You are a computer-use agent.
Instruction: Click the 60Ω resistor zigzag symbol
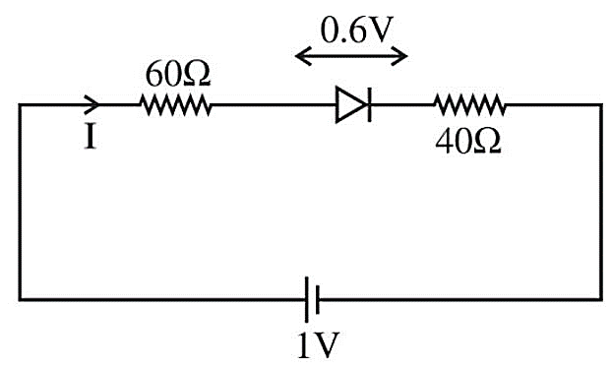(x=176, y=105)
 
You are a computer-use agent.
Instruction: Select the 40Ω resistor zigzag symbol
(x=470, y=105)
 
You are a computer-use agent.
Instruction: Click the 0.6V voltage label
(x=355, y=31)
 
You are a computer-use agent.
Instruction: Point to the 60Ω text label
(x=178, y=74)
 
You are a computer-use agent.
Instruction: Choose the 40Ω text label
(x=468, y=142)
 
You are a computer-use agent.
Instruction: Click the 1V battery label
(x=318, y=345)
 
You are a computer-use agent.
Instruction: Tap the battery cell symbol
(x=312, y=299)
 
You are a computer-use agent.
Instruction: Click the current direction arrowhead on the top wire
(x=92, y=104)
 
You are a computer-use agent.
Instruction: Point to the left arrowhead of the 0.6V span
(x=302, y=56)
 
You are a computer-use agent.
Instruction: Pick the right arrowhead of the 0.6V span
(x=400, y=56)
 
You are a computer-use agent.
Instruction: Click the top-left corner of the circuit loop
(x=20, y=104)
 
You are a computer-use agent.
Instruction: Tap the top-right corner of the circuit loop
(x=601, y=104)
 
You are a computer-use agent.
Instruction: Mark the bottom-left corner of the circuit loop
(x=20, y=299)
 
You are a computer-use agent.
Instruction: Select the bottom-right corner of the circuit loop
(x=601, y=299)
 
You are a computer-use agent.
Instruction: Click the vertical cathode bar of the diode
(x=369, y=105)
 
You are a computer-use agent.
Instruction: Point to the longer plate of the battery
(x=307, y=299)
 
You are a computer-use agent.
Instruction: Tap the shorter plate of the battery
(x=318, y=299)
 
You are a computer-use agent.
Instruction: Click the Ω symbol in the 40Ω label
(x=487, y=142)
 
